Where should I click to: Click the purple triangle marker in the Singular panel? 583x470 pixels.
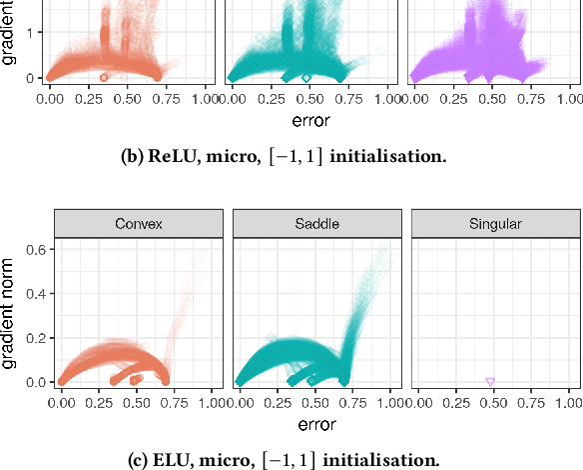pyautogui.click(x=490, y=382)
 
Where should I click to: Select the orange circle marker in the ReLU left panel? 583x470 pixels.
pyautogui.click(x=104, y=77)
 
